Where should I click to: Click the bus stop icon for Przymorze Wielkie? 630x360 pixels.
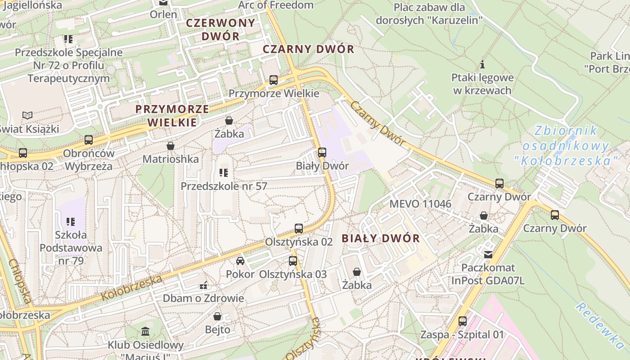273,80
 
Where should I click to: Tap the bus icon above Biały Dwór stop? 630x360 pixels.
322,153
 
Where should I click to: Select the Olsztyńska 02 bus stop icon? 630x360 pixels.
298,229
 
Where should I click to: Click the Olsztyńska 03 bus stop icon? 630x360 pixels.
293,261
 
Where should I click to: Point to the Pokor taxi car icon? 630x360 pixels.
240,261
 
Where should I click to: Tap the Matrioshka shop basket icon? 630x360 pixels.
171,146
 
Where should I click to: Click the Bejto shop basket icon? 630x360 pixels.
217,316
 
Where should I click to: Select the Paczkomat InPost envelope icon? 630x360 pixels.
488,255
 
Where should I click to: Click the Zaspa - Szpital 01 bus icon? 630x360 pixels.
462,321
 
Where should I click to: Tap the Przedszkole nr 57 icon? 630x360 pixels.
224,172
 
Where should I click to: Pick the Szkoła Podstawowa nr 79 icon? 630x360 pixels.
71,221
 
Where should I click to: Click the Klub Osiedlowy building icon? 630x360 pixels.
145,332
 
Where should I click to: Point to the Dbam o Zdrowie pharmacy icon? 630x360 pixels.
203,285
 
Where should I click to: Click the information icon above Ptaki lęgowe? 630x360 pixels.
482,64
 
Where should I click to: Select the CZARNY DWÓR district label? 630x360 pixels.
308,49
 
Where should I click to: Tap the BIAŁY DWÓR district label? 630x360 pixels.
381,238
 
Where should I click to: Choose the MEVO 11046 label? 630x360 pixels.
420,204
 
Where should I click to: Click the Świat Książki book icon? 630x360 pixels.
27,116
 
